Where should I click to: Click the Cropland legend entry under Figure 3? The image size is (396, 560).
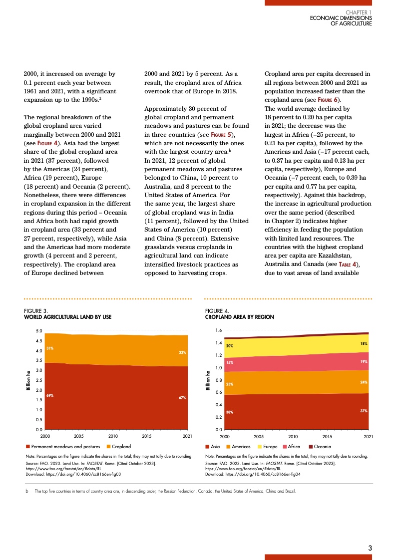point(121,446)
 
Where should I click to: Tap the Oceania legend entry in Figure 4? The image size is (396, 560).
point(323,446)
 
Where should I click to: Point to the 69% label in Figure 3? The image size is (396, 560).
point(50,395)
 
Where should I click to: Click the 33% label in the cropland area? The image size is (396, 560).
point(182,352)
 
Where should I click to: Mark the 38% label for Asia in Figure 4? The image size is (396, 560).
point(230,412)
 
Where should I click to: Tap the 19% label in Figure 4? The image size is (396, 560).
point(364,361)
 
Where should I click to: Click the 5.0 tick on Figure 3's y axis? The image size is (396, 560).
point(39,331)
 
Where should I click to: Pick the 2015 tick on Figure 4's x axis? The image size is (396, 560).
point(327,436)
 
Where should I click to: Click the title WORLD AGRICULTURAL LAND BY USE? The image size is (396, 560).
point(68,317)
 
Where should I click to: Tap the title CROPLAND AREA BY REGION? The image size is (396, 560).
point(240,317)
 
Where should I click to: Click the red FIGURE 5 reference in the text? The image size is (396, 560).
point(221,135)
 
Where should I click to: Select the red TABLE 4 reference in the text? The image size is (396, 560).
point(346,264)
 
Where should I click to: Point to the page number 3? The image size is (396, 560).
point(370,548)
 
